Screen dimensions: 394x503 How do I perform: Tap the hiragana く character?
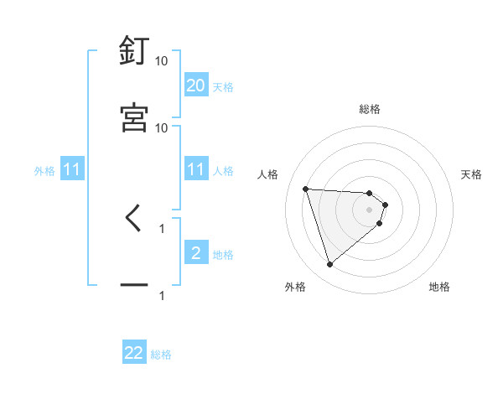133,219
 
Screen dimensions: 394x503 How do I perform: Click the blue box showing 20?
195,86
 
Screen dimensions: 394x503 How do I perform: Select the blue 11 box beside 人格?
195,169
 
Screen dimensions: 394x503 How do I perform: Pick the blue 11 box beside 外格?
72,170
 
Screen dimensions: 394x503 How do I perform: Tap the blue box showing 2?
195,253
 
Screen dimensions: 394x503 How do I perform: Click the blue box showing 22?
134,353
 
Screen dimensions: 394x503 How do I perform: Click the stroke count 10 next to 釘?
162,61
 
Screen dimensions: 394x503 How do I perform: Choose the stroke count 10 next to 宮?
162,127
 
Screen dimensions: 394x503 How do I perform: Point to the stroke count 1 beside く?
162,227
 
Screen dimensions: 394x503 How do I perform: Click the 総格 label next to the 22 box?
161,355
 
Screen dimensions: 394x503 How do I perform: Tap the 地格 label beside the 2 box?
223,255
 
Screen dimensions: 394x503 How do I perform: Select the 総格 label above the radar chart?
370,109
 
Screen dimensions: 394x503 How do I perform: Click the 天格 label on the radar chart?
471,174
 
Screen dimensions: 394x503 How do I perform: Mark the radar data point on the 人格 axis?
306,189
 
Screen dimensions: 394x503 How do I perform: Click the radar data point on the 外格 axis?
330,265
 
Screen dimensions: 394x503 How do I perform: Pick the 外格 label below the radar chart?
295,287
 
